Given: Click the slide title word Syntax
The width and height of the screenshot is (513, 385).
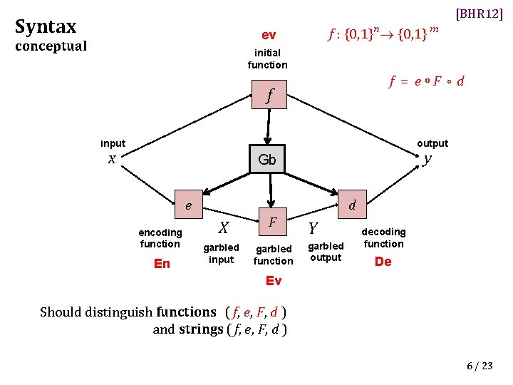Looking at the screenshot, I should [46, 27].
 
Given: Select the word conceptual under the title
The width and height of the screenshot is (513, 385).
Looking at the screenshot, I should [51, 46].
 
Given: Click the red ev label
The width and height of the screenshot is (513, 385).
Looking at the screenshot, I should [269, 35].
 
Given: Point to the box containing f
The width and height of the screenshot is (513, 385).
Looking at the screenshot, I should [269, 96].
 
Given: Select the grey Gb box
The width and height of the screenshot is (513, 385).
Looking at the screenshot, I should [267, 159].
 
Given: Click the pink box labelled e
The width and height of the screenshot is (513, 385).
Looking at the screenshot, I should [188, 205].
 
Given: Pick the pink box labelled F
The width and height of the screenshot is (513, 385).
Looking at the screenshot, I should [272, 222].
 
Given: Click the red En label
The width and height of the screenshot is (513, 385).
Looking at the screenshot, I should [162, 264].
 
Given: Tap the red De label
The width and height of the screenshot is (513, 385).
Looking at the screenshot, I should [383, 262].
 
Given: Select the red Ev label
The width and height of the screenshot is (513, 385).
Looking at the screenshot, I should [273, 281].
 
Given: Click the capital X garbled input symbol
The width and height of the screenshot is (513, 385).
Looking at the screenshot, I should [223, 227].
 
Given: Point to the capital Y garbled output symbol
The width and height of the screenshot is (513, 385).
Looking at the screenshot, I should [312, 228].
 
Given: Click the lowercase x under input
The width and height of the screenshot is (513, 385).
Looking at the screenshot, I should [112, 159].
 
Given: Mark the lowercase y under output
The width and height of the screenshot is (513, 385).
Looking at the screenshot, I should [426, 159].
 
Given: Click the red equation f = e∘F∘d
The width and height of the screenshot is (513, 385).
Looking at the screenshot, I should [426, 81].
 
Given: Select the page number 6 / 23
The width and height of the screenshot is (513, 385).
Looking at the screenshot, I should [479, 366].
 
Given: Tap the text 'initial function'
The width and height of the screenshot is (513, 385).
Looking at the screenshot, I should [268, 58].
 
